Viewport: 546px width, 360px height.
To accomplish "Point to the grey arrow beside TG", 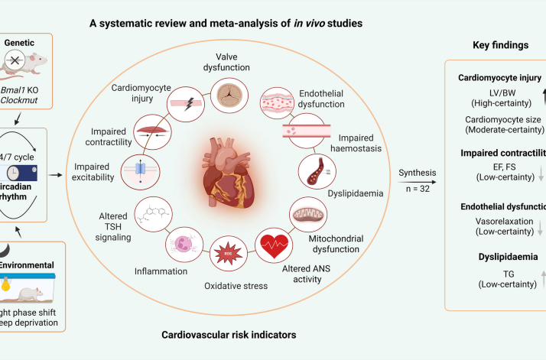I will pos(542,276).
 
